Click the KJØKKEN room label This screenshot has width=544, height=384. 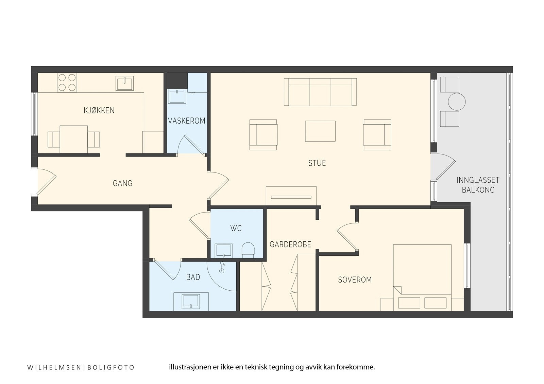point(99,111)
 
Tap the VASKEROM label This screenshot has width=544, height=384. point(187,121)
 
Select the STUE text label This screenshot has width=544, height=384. point(317,163)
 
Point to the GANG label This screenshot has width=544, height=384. point(122,183)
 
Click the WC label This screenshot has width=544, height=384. point(236,228)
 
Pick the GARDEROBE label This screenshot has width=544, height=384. point(290,244)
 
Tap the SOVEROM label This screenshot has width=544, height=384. point(355,280)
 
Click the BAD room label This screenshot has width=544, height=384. point(193,277)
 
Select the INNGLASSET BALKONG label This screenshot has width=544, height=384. point(478,185)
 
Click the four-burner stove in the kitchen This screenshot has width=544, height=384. point(67,83)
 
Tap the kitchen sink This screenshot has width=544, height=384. point(124,83)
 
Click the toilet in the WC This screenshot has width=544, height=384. point(248,250)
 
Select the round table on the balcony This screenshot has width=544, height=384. point(457,102)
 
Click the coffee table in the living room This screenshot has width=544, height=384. point(320,131)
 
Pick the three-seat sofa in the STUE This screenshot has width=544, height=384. point(320,92)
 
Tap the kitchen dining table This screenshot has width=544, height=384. point(74,140)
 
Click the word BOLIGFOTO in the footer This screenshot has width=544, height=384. point(111,367)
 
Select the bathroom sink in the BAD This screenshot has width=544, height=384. point(191,301)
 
